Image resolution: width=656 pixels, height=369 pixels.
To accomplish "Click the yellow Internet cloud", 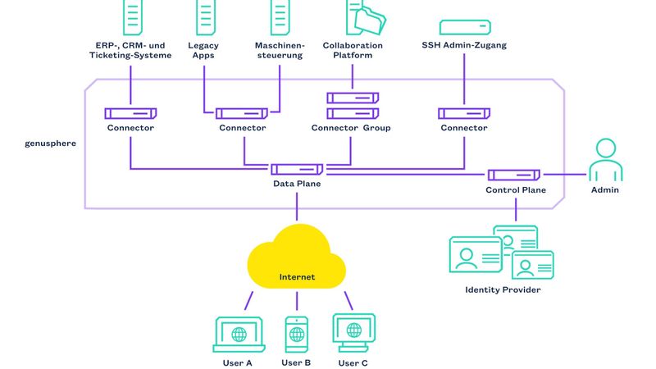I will pyautogui.click(x=296, y=261).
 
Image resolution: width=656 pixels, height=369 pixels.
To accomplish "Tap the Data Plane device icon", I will pyautogui.click(x=297, y=169).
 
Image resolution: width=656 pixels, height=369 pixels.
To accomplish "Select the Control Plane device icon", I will pyautogui.click(x=514, y=174).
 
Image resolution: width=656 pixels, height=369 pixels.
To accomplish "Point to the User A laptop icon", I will pyautogui.click(x=238, y=335).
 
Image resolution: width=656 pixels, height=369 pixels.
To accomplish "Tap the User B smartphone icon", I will pyautogui.click(x=296, y=335).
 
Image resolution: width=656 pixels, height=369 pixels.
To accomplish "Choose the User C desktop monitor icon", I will pyautogui.click(x=353, y=332).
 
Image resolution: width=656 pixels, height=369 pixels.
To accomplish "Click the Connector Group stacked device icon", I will pyautogui.click(x=353, y=106).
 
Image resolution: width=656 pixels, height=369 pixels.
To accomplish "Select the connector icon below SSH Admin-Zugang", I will pyautogui.click(x=464, y=113).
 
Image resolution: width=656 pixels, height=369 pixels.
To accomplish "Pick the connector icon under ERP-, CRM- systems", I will pyautogui.click(x=130, y=113).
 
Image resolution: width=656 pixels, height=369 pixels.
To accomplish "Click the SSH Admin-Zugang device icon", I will pyautogui.click(x=465, y=26).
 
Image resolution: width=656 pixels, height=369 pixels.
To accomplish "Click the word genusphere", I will pyautogui.click(x=51, y=143).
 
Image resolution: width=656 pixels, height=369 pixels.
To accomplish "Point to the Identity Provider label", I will pyautogui.click(x=503, y=289).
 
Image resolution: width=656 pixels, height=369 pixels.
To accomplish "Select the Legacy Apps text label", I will pyautogui.click(x=205, y=50).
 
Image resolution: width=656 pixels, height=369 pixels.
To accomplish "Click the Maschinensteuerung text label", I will pyautogui.click(x=280, y=50).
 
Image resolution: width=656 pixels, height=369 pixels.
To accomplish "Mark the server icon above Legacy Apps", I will pyautogui.click(x=205, y=16).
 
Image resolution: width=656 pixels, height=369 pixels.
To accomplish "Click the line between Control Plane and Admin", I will pyautogui.click(x=564, y=174).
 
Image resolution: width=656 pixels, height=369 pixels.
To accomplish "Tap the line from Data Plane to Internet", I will pyautogui.click(x=297, y=205).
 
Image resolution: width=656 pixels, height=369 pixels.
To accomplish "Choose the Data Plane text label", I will pyautogui.click(x=297, y=184).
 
